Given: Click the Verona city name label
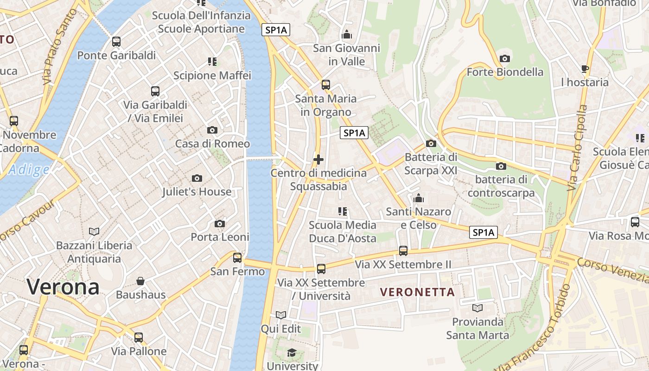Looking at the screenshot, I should (63, 287).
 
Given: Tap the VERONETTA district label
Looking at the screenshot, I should (417, 292).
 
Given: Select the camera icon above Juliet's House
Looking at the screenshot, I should (197, 178).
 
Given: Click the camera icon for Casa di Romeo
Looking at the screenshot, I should (212, 130).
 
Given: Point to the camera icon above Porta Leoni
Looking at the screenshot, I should (220, 224).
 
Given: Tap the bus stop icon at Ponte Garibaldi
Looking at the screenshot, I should (116, 42).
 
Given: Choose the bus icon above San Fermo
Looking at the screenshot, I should (237, 257).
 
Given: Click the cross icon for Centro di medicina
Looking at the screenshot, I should (318, 160).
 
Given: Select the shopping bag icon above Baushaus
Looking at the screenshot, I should (140, 281).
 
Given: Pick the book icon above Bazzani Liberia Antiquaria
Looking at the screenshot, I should (94, 231).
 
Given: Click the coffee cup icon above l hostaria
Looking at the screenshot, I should (585, 69).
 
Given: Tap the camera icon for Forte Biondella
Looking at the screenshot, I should (505, 58).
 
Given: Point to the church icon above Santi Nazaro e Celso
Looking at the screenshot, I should (419, 198).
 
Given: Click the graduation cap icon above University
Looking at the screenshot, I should (292, 353).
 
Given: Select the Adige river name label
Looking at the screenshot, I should (29, 170).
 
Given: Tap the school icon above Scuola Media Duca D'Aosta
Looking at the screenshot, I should (343, 212).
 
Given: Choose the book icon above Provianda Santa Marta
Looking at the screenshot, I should (477, 308).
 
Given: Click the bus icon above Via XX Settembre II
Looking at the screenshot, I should (403, 251).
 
